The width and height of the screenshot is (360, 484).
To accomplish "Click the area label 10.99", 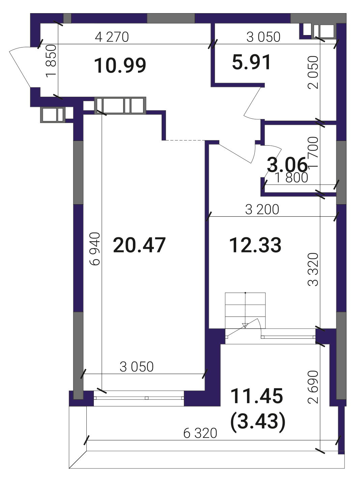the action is pyautogui.click(x=120, y=65).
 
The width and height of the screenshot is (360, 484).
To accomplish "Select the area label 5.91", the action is pyautogui.click(x=251, y=62).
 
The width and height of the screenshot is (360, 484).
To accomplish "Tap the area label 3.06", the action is pyautogui.click(x=287, y=165).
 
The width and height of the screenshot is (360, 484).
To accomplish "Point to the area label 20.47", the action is pyautogui.click(x=139, y=245).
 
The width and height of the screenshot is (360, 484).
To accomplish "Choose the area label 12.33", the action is pyautogui.click(x=255, y=245).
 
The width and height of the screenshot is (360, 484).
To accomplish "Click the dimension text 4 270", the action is pyautogui.click(x=112, y=37).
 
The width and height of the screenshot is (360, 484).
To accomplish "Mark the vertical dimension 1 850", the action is pyautogui.click(x=51, y=61).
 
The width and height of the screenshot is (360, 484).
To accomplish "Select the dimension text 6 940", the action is pyautogui.click(x=95, y=249).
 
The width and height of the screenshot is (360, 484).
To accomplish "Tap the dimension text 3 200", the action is pyautogui.click(x=262, y=209).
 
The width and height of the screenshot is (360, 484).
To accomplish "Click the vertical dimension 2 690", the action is pyautogui.click(x=313, y=387).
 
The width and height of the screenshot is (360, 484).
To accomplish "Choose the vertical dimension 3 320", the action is pyautogui.click(x=313, y=270).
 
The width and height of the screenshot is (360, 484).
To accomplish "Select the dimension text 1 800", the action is pyautogui.click(x=292, y=178).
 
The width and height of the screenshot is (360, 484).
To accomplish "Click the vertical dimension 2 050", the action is pyautogui.click(x=313, y=72).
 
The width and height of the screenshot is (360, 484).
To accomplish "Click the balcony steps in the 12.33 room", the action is pyautogui.click(x=245, y=310).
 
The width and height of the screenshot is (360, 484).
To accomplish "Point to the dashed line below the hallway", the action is pyautogui.click(x=185, y=140).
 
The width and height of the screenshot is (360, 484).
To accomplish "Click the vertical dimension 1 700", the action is pyautogui.click(x=313, y=152).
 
